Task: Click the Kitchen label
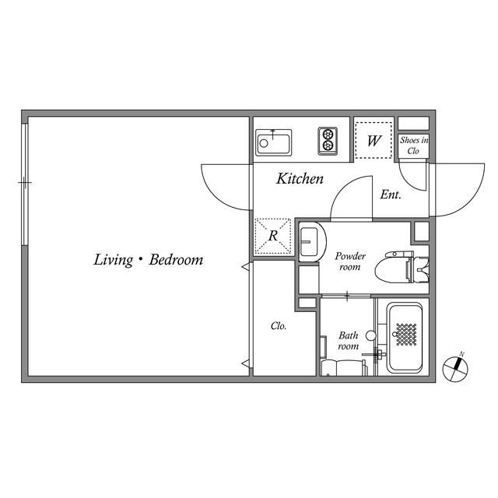(300, 178)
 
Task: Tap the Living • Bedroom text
(149, 260)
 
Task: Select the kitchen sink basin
(273, 142)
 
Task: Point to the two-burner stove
(328, 141)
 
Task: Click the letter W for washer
(373, 141)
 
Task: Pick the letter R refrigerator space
(273, 236)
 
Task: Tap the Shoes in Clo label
(413, 146)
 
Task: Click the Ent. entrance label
(391, 195)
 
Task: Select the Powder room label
(350, 261)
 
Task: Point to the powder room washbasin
(311, 241)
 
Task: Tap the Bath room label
(349, 341)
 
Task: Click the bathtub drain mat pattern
(405, 335)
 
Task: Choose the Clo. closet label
(279, 326)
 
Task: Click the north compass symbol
(455, 368)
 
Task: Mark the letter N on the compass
(462, 354)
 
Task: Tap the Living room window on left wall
(25, 184)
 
